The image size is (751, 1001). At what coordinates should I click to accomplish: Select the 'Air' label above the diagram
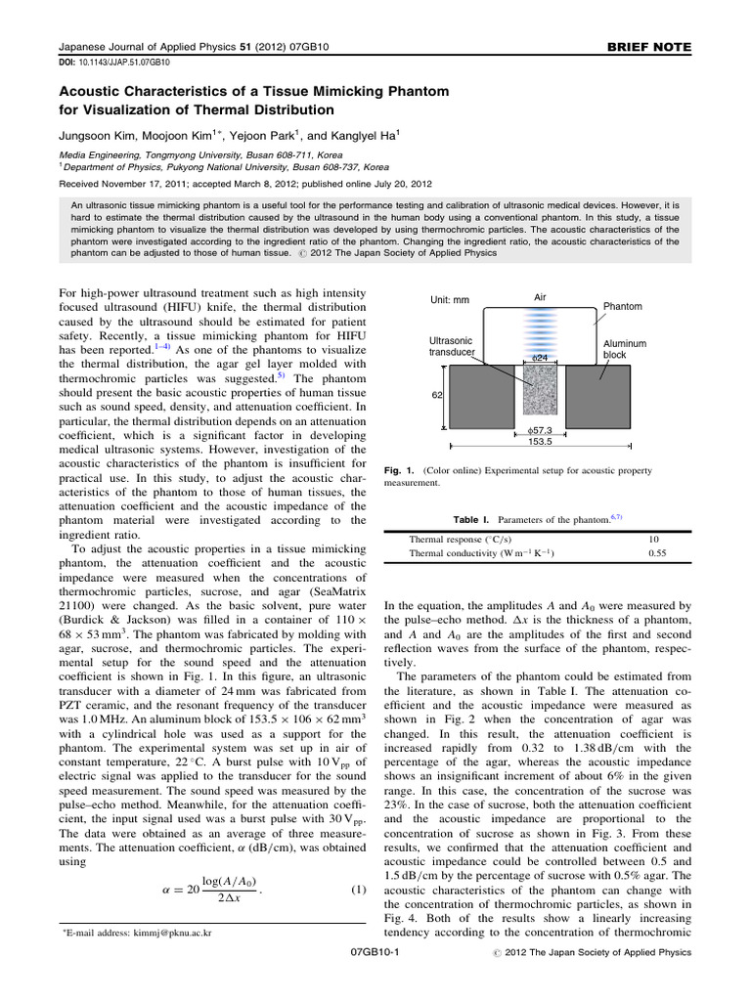540,296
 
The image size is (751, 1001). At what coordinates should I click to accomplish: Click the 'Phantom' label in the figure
623,306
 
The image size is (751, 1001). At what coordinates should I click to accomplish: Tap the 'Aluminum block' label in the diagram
626,350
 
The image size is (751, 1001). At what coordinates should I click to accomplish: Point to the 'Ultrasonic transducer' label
453,346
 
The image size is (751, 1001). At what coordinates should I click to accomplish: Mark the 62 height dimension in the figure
438,396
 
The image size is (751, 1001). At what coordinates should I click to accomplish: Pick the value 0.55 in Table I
657,553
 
